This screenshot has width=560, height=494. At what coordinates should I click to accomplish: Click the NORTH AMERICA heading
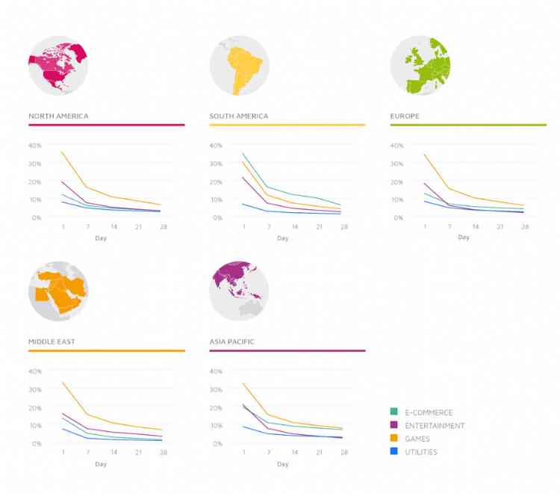(x=58, y=117)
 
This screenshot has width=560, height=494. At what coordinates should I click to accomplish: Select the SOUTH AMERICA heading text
(x=239, y=117)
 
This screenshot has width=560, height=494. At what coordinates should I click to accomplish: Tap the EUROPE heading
(x=404, y=117)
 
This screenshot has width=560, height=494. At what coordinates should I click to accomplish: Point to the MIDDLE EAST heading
(x=52, y=342)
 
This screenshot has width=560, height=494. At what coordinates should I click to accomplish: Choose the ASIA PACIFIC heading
(x=232, y=342)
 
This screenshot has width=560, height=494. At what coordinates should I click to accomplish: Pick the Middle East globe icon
(x=57, y=291)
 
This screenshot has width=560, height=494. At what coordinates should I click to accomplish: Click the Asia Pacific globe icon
(x=239, y=291)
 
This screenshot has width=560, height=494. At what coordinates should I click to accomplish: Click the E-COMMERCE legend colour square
(x=393, y=413)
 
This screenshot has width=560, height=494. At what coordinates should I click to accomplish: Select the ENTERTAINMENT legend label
(x=435, y=426)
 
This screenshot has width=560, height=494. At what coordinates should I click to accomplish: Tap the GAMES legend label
(x=418, y=439)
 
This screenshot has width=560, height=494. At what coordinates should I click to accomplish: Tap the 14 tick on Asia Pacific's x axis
(x=295, y=453)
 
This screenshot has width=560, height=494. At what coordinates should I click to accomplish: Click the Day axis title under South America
(x=282, y=238)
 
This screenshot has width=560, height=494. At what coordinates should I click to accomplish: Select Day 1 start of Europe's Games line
(x=425, y=154)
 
